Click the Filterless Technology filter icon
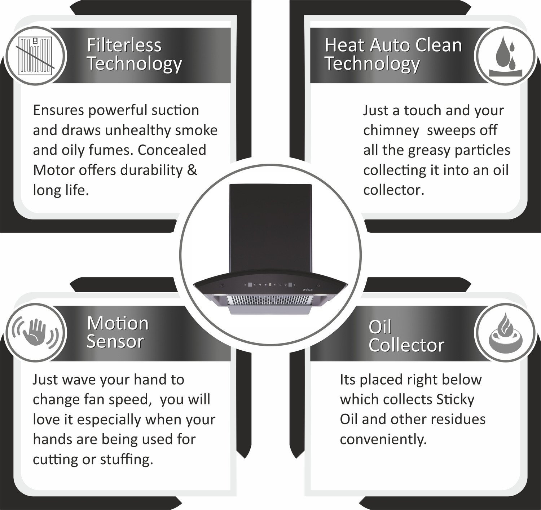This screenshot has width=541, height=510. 35,56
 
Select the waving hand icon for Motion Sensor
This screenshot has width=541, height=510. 35,332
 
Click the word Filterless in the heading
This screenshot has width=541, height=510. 124,45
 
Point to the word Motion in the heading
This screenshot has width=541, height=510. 118,323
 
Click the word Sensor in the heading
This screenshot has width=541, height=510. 115,341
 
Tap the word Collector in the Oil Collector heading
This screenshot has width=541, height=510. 406,345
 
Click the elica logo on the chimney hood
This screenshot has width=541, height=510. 308,290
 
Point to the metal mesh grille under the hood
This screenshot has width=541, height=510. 270,300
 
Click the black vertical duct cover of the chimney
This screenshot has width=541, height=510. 270,227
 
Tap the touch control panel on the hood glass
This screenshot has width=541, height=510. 270,285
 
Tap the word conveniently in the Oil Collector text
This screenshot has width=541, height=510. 383,439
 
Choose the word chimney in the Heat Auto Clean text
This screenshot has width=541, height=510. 391,130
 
